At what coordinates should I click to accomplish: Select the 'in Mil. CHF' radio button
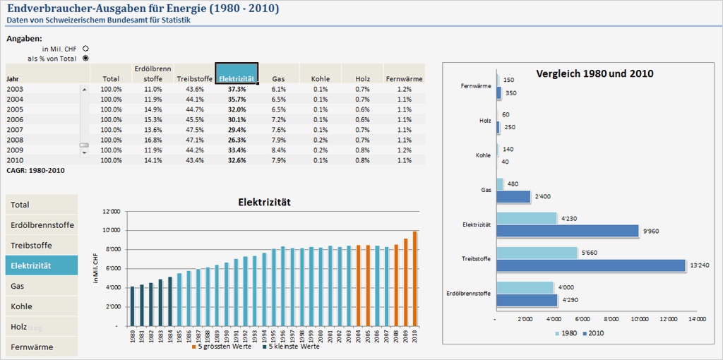85,48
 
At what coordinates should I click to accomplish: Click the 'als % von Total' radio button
85,59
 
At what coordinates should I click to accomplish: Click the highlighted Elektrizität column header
237,73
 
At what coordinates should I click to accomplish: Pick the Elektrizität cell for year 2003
237,90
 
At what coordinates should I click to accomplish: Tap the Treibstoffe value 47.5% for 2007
195,130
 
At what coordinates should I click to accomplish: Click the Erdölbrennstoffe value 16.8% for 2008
153,140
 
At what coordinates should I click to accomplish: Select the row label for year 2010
15,160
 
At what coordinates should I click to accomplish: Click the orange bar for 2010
414,278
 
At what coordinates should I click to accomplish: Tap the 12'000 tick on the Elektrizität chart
112,212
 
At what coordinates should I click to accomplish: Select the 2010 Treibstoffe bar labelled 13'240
591,265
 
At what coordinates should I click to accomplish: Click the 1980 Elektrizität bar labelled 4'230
527,218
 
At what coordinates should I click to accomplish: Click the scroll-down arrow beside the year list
85,152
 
